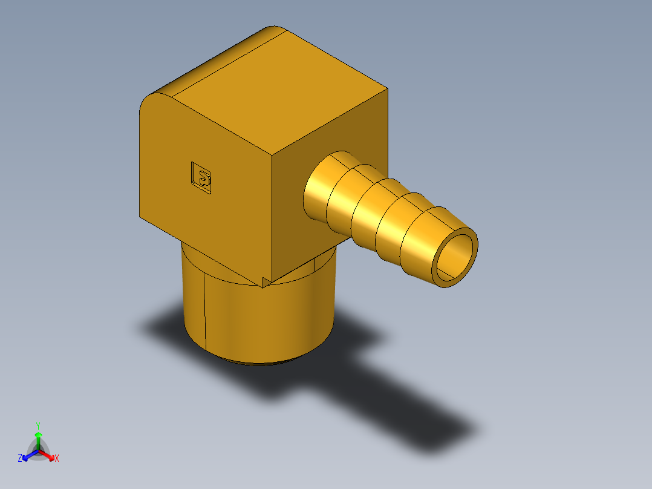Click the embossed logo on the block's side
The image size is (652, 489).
coord(201,177)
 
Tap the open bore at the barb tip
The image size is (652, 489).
coord(455,257)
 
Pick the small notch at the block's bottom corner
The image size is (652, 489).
coord(266,281)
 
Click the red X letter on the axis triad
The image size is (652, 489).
coord(57,459)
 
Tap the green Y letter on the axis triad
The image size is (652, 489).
coord(38,425)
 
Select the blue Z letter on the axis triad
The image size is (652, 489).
coord(20,459)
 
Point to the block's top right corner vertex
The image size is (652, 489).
coord(387,90)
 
